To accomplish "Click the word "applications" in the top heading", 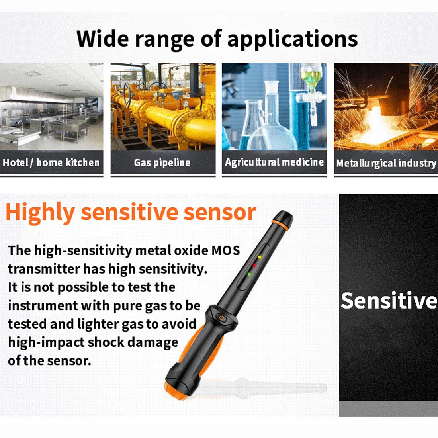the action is tap(293, 39).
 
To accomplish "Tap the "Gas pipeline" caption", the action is tap(162, 162).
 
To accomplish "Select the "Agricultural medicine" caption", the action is tap(274, 162).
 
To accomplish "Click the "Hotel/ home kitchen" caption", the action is tap(51, 162).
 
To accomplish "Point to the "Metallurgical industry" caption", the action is tap(386, 163).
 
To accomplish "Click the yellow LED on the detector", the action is tap(260, 257).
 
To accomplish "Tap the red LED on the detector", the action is tap(254, 265).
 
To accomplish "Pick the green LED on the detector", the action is tap(249, 274).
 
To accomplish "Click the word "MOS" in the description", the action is tap(226, 250).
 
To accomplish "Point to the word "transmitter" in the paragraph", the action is tap(44, 269).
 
